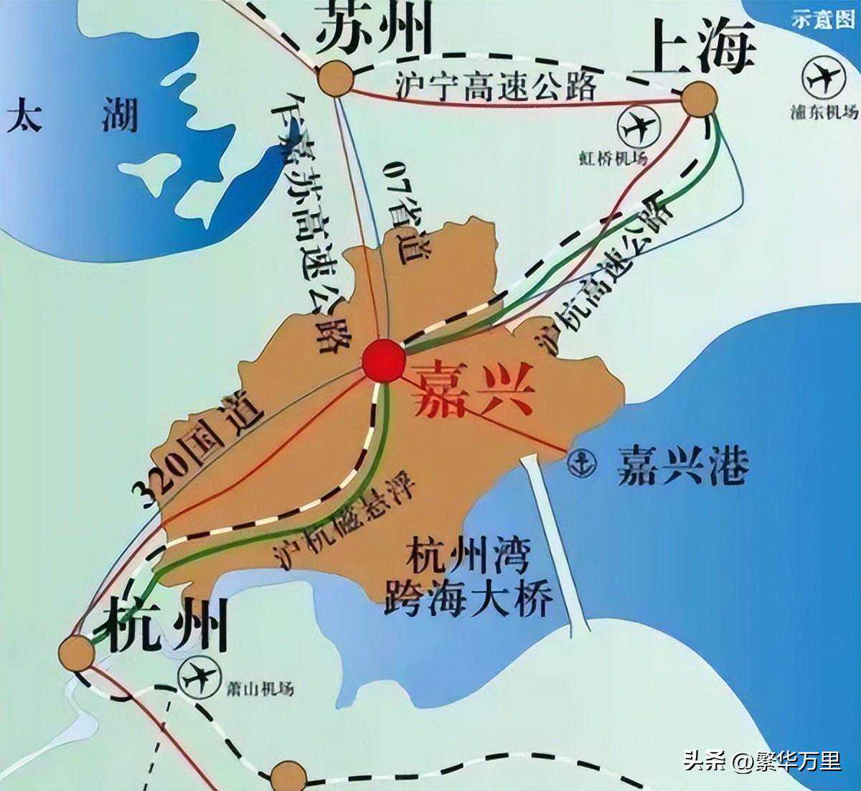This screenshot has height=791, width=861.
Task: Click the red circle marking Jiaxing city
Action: pos(383,360)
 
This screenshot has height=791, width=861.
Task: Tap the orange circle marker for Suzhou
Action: pos(335,78)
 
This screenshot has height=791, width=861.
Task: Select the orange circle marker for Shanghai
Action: pos(699,100)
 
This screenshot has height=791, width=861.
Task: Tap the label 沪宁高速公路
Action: pos(496,87)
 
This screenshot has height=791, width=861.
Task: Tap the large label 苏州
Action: pos(374,27)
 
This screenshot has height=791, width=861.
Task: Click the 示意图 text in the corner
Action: pos(823,20)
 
